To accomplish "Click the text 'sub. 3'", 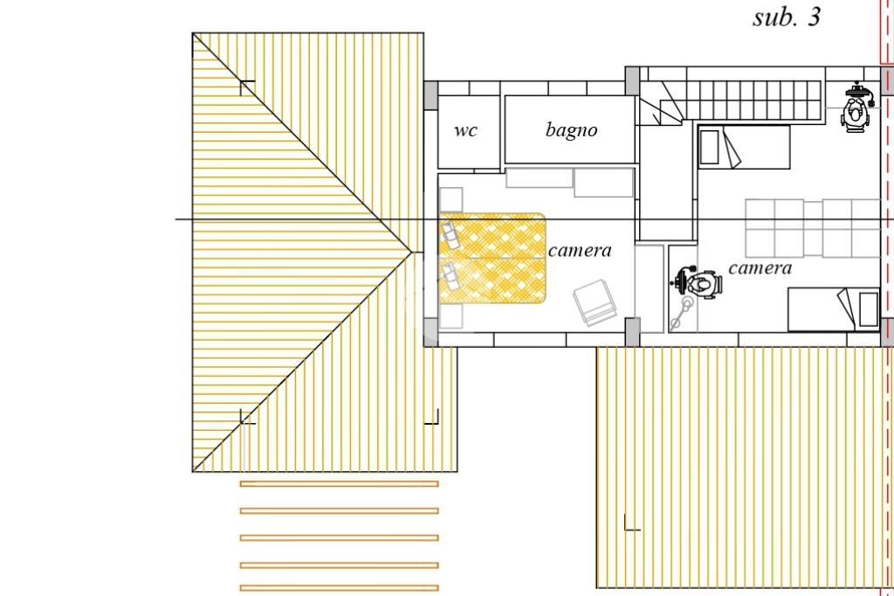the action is point(787,17).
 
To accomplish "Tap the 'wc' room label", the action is point(466,131).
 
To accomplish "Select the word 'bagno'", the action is point(572,130).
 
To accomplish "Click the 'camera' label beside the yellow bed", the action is point(580,251).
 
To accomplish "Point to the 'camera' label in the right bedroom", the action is point(760,268).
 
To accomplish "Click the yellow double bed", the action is point(493,259).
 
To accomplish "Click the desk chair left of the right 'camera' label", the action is point(698,284).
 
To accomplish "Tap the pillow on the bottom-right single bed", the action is point(868,309).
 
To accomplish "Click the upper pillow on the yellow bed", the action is point(450,234).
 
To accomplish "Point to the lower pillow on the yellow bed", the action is point(451,276).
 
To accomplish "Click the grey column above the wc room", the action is point(431,94).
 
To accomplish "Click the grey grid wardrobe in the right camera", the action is point(813,228).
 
